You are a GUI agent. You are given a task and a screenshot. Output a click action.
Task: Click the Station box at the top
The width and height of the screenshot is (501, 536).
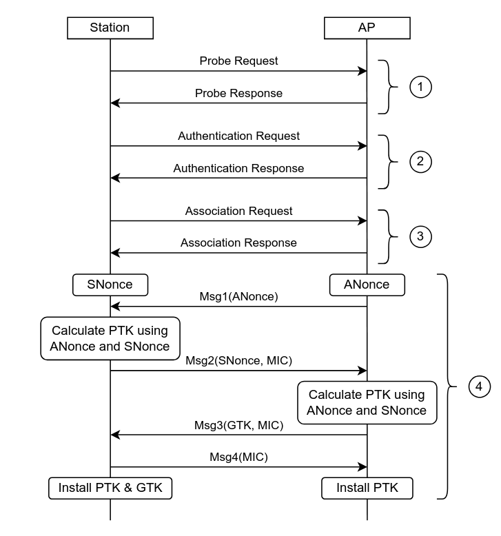coord(110,28)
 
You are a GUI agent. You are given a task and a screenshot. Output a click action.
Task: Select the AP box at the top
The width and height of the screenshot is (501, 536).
coord(367,28)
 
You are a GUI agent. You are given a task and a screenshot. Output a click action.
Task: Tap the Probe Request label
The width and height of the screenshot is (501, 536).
coord(238,61)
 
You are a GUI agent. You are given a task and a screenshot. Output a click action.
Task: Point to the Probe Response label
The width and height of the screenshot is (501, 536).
coord(238,93)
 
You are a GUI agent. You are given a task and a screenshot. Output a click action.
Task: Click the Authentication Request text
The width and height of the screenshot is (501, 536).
coord(238,136)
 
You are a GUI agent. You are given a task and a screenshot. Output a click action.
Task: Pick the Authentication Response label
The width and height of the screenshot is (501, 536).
coord(238,168)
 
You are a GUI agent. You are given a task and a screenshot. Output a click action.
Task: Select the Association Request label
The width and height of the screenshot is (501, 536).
coord(238,211)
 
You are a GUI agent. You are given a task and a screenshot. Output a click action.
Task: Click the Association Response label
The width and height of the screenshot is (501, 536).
coord(238,243)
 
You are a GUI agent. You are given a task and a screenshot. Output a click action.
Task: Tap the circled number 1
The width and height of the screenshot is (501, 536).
coord(420,87)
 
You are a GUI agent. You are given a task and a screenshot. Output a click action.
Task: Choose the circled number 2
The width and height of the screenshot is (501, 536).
coord(420,162)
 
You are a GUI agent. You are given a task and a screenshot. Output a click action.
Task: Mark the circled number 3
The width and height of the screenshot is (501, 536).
coord(420,236)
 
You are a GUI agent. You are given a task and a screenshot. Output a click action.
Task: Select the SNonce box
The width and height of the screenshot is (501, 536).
coord(110,285)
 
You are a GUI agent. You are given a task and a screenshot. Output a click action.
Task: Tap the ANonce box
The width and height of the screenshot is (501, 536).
coord(367,285)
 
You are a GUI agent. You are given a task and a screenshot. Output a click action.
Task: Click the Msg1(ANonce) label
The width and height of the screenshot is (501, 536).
coord(238,296)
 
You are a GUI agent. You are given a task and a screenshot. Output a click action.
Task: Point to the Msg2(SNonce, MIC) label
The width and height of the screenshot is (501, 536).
coord(238,360)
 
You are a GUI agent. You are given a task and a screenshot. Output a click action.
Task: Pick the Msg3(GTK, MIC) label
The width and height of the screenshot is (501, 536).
coord(238,425)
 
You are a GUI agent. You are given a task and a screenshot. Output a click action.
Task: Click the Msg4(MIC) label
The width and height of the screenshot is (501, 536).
coord(238,457)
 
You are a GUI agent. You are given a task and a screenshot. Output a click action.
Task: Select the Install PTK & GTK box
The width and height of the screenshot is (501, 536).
coord(110,488)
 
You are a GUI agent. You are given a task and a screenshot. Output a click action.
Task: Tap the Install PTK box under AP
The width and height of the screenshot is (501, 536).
coord(367,488)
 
